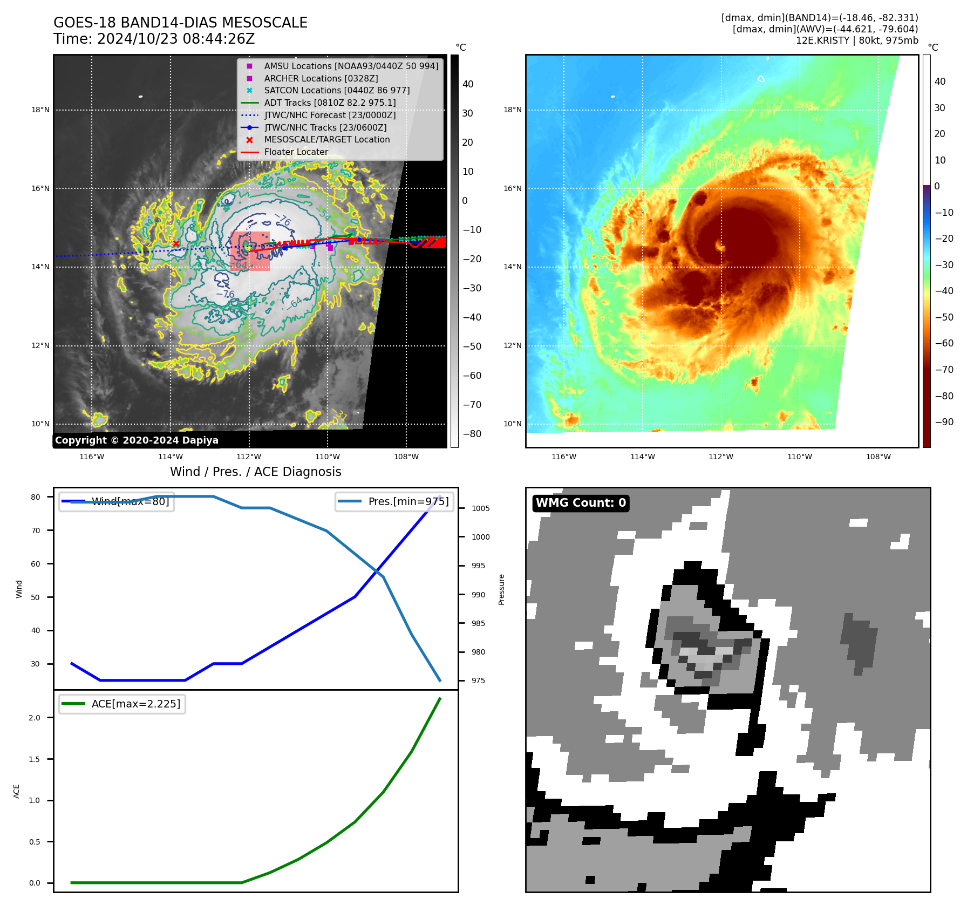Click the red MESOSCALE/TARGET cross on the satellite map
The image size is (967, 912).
pos(176,244)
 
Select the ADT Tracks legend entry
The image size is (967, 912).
pos(330,103)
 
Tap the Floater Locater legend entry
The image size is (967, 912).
pos(296,152)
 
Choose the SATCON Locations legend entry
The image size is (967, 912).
pos(337,90)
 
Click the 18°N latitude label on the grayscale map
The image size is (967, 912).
pos(40,110)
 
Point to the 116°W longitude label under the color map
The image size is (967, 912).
pos(564,457)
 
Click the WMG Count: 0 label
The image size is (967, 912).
pos(581,503)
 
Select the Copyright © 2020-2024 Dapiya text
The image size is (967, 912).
pos(137,440)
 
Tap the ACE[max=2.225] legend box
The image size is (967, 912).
pos(122,704)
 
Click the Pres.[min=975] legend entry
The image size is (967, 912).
pos(394,501)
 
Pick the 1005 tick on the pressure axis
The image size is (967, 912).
pos(480,508)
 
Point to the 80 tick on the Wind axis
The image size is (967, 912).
pos(36,497)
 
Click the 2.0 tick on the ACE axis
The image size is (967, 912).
pos(35,718)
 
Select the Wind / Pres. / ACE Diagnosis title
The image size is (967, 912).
pos(256,472)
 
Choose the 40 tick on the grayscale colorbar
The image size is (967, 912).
pos(468,84)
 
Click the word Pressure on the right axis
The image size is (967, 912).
pos(501,589)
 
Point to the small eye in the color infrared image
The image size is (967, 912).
pos(720,247)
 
